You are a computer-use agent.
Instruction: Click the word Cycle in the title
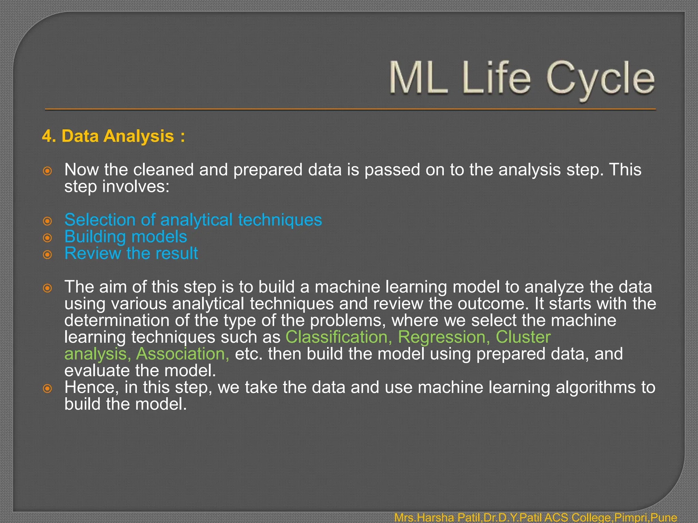pos(601,79)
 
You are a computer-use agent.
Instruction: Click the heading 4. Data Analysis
pos(113,136)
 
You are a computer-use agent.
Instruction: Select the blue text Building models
pos(125,237)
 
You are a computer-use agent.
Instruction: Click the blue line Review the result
pos(131,253)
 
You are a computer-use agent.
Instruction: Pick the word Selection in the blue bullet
pos(100,220)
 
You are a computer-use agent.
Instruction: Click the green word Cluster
pos(523,337)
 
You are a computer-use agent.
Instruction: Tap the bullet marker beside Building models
pos(47,238)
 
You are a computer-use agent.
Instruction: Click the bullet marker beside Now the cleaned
pos(47,171)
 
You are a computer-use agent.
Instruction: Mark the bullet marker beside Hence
pos(47,389)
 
